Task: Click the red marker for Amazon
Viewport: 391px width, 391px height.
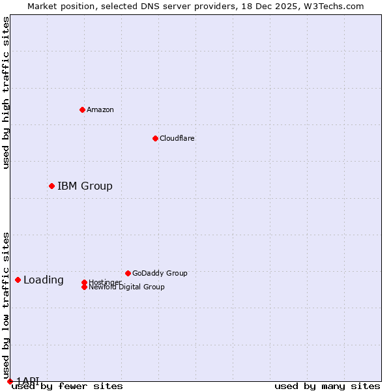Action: [x=82, y=109]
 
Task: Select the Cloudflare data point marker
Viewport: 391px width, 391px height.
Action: [x=155, y=138]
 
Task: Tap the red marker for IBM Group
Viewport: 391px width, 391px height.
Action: [x=51, y=186]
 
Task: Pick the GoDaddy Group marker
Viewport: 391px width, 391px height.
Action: [x=128, y=273]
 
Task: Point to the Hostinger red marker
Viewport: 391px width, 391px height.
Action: [x=84, y=282]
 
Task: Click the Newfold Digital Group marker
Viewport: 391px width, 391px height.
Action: [x=84, y=287]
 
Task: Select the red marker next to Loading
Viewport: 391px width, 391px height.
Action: [x=18, y=280]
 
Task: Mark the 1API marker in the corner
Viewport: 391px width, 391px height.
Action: [x=10, y=381]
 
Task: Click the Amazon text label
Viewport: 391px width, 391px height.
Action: [x=100, y=109]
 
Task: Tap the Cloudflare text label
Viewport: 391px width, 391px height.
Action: [x=177, y=138]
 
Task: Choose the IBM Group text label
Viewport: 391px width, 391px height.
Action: [x=85, y=186]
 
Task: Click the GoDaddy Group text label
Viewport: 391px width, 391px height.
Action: [x=160, y=273]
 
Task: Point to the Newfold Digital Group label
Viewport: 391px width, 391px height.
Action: [x=127, y=287]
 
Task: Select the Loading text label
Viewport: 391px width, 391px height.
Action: [x=44, y=280]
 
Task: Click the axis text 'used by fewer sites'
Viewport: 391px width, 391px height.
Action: [x=67, y=386]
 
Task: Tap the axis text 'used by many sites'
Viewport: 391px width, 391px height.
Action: [x=327, y=386]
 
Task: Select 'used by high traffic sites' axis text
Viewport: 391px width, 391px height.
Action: [x=7, y=93]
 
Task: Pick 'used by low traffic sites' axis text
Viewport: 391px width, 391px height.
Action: [x=7, y=305]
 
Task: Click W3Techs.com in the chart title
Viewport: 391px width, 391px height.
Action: [x=336, y=6]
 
